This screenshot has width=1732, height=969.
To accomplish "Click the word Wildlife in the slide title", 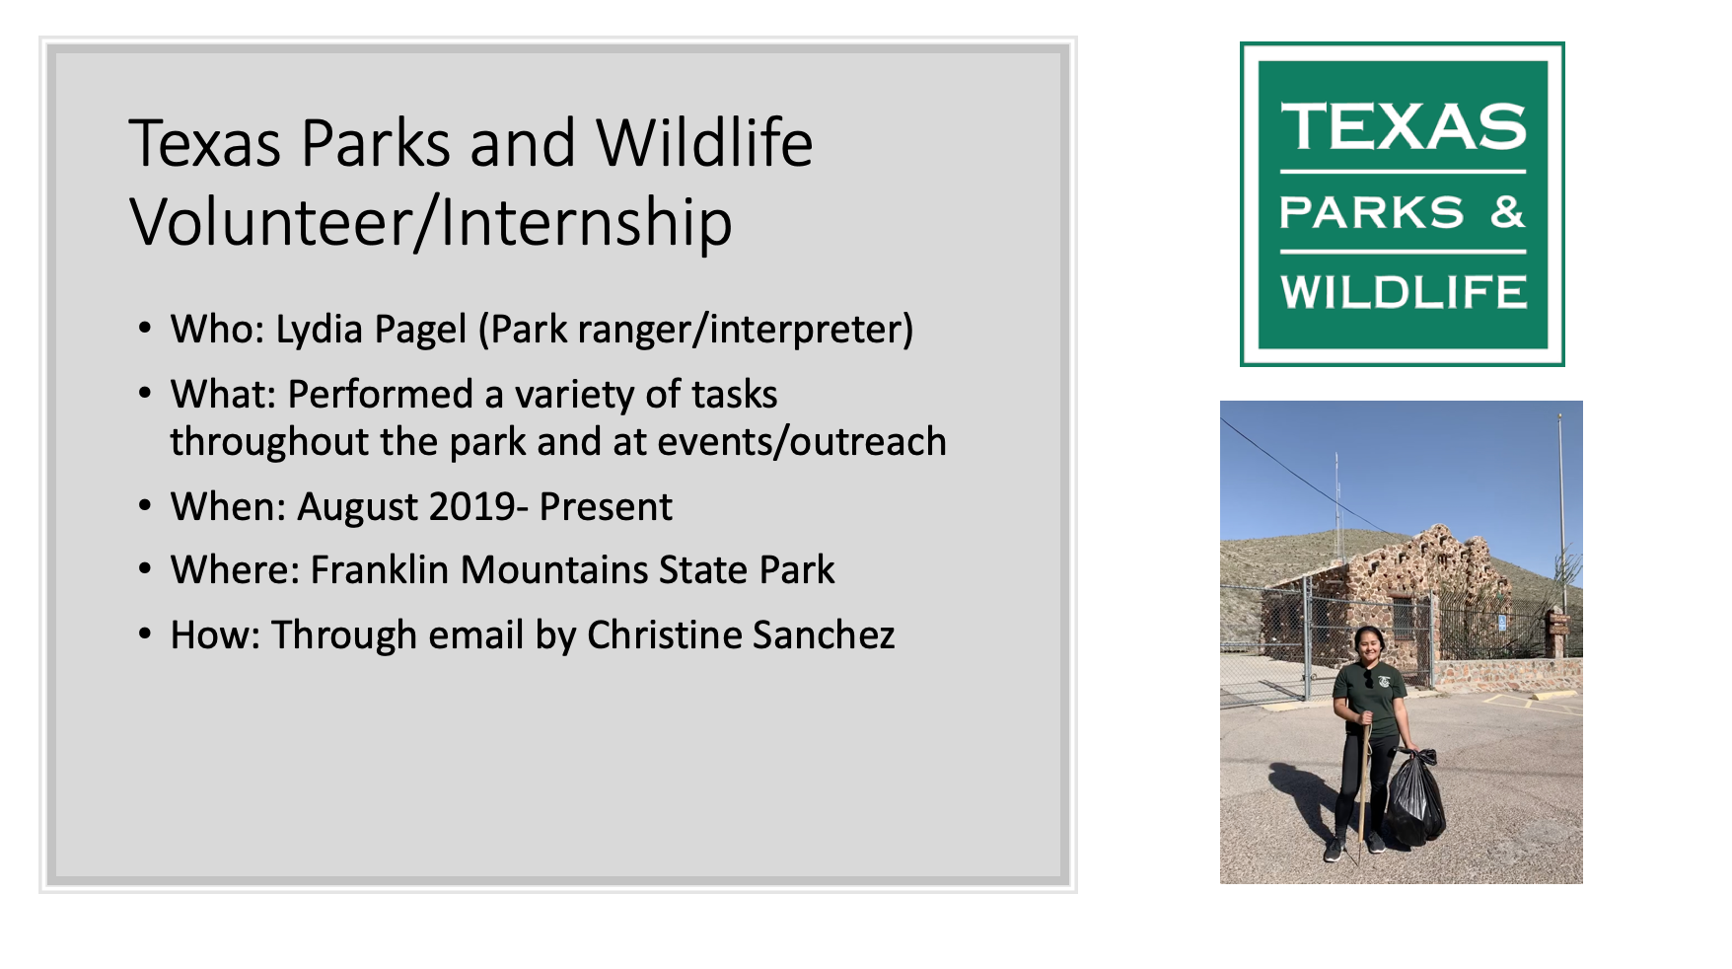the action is click(704, 144).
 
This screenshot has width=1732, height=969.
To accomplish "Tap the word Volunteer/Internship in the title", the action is click(431, 223).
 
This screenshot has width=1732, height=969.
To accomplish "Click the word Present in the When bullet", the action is click(606, 507).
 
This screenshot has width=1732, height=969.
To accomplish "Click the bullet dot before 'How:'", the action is click(146, 634).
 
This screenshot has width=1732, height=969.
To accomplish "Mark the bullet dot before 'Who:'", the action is click(146, 329).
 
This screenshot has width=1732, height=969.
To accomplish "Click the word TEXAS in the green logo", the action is click(1404, 127).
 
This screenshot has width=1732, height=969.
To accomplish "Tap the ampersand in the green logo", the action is click(1508, 211).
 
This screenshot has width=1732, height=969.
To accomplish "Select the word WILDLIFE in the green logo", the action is click(1404, 292).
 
